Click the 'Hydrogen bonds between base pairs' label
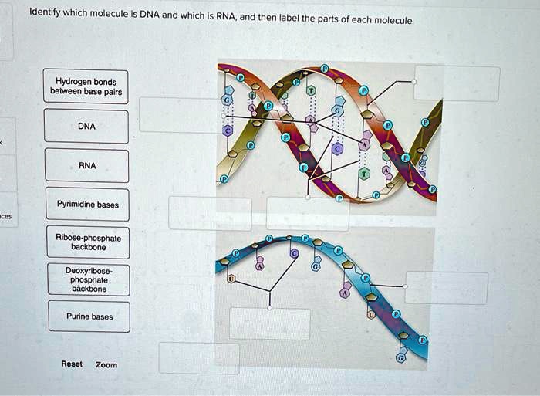pyautogui.click(x=86, y=86)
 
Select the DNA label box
pyautogui.click(x=86, y=126)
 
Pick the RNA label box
pyautogui.click(x=86, y=165)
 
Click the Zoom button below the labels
pyautogui.click(x=106, y=364)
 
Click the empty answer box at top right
pyautogui.click(x=457, y=83)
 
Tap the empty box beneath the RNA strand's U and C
pyautogui.click(x=269, y=323)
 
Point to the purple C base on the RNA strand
pyautogui.click(x=294, y=253)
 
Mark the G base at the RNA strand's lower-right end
pyautogui.click(x=400, y=358)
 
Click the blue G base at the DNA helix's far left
pyautogui.click(x=227, y=100)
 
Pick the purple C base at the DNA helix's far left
pyautogui.click(x=227, y=131)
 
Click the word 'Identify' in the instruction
pyautogui.click(x=46, y=13)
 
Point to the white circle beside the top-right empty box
pyautogui.click(x=414, y=81)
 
